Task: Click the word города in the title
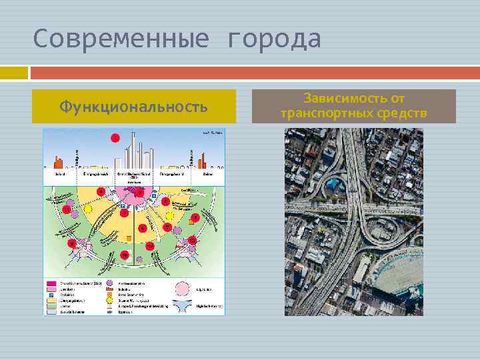coord(274,39)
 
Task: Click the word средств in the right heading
coord(405,113)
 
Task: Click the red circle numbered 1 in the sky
coord(115,138)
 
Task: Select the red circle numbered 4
coord(101,191)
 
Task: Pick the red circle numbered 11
coord(67,210)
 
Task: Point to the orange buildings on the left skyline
coord(58,162)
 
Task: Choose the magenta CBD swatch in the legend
coord(51,283)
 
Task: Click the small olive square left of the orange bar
coord(14,71)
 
